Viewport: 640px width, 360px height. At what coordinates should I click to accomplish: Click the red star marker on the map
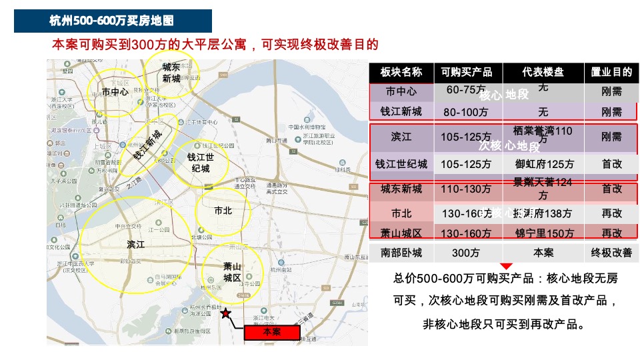click(226, 313)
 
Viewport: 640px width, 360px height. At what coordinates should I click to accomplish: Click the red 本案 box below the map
click(271, 331)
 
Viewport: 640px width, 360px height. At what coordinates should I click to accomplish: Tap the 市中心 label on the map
click(115, 91)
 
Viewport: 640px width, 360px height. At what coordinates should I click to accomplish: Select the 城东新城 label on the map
click(171, 73)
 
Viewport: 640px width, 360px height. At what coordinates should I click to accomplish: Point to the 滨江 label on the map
click(136, 245)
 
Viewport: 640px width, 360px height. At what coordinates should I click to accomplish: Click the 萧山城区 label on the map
click(231, 272)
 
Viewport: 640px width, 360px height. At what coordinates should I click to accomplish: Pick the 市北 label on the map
click(223, 211)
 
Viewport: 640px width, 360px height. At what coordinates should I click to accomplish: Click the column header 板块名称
click(401, 72)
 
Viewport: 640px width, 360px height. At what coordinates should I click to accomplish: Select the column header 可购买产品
click(467, 72)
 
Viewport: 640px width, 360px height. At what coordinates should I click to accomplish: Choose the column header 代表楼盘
click(543, 72)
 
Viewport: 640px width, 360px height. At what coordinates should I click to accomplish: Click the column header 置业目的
click(611, 72)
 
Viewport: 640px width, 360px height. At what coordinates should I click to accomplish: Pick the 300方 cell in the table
click(465, 253)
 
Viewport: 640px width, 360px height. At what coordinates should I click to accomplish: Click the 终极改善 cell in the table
click(611, 253)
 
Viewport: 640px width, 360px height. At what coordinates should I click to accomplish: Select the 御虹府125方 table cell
click(544, 164)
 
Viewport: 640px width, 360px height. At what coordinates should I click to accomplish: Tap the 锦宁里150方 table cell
click(544, 233)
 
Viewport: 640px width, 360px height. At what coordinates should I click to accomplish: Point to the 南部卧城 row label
click(401, 253)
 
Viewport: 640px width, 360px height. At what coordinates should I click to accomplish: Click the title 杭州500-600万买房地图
click(113, 21)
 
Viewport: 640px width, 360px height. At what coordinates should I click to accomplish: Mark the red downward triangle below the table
click(507, 267)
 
